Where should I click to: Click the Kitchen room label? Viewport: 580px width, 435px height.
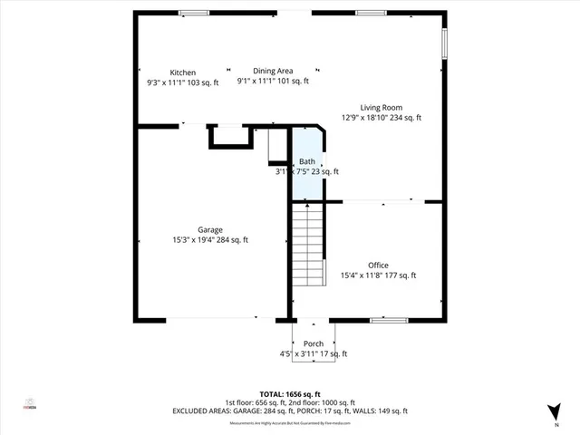(x=183, y=72)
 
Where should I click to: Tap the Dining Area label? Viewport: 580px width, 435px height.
(x=273, y=71)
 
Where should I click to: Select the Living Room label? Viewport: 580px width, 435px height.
(x=381, y=107)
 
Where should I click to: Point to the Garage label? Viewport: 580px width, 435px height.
(x=210, y=229)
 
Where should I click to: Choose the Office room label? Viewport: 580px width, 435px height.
(x=378, y=265)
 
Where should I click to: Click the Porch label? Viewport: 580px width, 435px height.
(x=314, y=343)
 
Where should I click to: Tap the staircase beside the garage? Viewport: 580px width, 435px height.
(x=308, y=245)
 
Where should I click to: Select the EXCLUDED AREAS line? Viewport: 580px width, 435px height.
(x=290, y=411)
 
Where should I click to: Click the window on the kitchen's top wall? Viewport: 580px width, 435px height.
(x=193, y=13)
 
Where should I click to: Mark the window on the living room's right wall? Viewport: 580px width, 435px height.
(x=444, y=43)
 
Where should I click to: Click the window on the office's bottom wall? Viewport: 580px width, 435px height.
(x=388, y=320)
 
